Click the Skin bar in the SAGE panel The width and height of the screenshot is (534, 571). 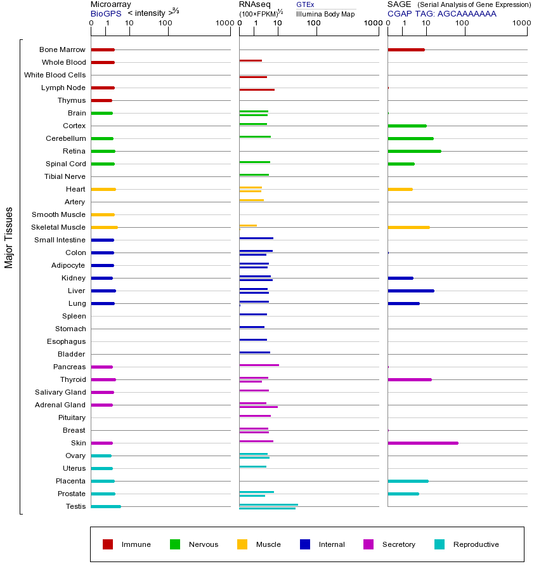coord(422,443)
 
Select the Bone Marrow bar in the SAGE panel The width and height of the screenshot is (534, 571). coord(406,49)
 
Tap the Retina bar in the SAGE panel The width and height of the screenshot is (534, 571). coord(414,151)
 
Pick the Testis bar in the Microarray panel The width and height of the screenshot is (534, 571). coord(105,506)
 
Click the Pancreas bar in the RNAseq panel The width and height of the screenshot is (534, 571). coord(259,365)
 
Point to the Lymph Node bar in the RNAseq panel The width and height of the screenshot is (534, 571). coord(257,89)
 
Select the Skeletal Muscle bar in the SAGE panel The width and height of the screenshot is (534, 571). coord(408,227)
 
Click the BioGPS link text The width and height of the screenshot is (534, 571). coord(105,13)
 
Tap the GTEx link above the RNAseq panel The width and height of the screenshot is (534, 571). coord(305,5)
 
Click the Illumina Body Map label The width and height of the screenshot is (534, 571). coord(325,14)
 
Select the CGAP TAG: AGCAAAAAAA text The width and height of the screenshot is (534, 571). coord(442,13)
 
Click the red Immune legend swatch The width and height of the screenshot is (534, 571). coord(108,544)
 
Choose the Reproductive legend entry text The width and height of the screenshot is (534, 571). coord(476,544)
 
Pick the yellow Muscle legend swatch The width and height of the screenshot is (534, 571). coord(242,544)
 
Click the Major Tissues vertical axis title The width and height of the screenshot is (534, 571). coord(9,237)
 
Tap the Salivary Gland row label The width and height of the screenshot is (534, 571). coord(61,392)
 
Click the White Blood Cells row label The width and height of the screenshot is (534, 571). coord(55,75)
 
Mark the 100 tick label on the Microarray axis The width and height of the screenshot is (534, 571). coord(166,23)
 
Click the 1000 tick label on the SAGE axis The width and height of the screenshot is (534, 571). coord(520,23)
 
